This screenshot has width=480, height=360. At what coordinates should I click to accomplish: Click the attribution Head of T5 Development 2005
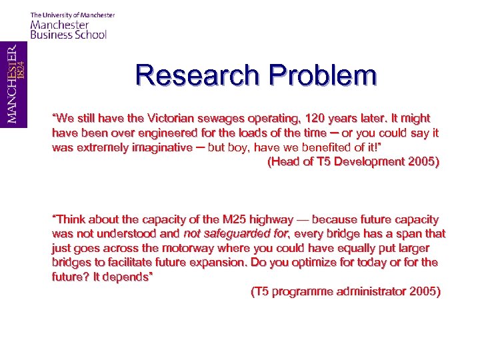coord(353,161)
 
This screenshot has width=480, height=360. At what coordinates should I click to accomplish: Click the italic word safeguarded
coord(242,234)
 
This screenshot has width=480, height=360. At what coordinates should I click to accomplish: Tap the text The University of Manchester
coord(73,15)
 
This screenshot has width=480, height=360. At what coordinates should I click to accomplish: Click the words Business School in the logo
coord(68,35)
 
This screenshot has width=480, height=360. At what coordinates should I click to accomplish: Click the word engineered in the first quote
coord(154,133)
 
